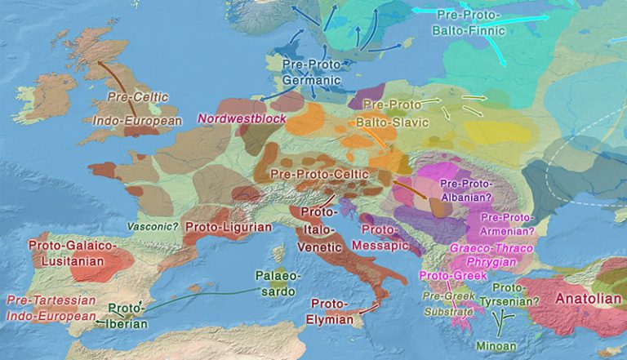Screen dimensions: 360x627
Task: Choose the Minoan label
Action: click(496, 345)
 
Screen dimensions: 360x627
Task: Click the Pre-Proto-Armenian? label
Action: click(507, 223)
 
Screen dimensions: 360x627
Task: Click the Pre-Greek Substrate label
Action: click(447, 303)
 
